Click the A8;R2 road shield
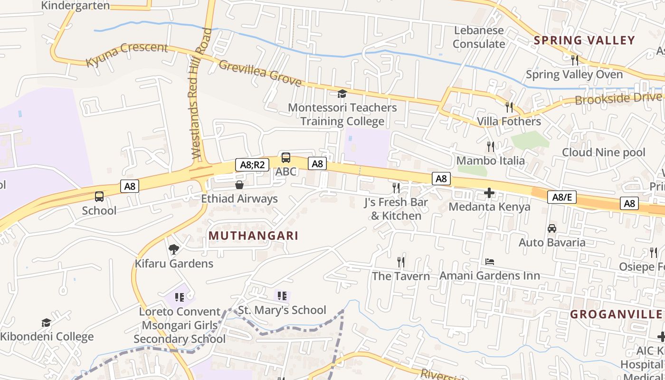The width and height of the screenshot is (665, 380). coord(252,165)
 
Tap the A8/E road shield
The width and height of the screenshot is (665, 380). coord(561,197)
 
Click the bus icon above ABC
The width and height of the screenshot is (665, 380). coord(286,158)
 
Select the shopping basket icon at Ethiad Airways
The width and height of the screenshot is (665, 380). coord(239,185)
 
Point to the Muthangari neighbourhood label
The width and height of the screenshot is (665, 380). coord(253,236)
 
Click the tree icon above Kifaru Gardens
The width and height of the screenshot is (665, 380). coord(174,249)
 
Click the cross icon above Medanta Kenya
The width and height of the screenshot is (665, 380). coord(489,193)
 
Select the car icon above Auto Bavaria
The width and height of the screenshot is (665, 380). coord(552,228)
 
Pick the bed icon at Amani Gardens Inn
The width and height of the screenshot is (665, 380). coord(490,262)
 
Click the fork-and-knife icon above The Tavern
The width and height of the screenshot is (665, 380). coord(401,262)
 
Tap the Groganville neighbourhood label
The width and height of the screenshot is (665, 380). coord(616,314)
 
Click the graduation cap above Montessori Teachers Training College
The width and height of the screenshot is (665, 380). coord(342,94)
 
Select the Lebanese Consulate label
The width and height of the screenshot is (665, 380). coord(479,37)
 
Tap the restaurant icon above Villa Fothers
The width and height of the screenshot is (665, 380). coord(509,107)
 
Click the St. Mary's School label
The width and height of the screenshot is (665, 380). coord(282,310)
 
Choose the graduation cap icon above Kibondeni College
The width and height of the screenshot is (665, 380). coord(46,323)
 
